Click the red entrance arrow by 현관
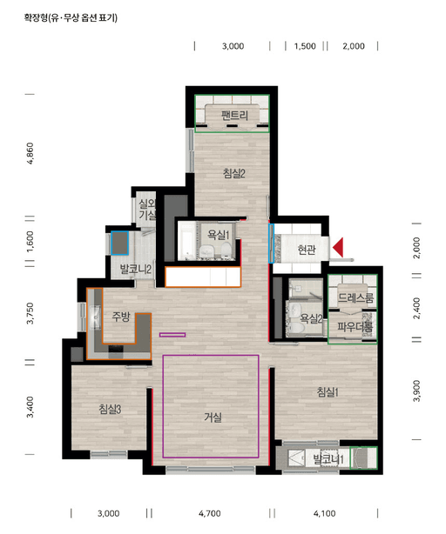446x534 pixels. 338,248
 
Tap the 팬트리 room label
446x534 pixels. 234,115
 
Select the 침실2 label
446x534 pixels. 234,173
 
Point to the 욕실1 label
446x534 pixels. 219,235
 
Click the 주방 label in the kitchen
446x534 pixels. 121,317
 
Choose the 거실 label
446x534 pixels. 213,417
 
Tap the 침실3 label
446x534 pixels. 110,409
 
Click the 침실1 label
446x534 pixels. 328,392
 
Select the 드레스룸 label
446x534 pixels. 355,298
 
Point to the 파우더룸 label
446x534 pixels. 355,327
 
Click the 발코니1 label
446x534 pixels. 328,460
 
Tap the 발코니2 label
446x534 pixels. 136,270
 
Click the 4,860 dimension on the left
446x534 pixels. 30,154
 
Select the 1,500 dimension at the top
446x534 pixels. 305,46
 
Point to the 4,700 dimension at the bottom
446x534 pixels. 209,513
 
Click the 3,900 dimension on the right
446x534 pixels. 416,391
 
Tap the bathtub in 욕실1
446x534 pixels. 186,241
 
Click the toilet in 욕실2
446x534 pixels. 296,328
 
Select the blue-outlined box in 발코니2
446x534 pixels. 119,243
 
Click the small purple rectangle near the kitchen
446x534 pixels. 172,335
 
